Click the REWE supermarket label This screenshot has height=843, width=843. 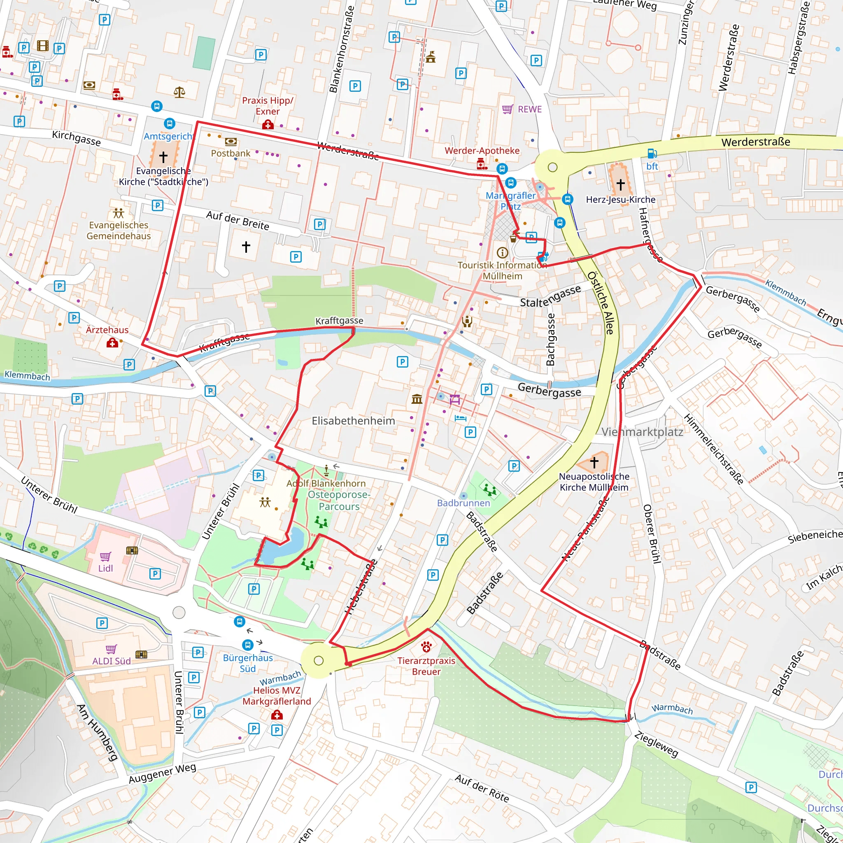[529, 109]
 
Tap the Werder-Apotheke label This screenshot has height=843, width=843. [482, 151]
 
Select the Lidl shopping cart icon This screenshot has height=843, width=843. [105, 557]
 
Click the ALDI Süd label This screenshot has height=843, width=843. [111, 661]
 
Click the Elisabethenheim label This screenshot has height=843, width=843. [353, 421]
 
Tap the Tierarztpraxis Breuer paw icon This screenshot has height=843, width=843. [426, 647]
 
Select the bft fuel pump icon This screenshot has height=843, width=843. [652, 154]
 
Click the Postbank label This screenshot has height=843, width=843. [231, 153]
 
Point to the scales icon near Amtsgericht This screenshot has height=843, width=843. [179, 92]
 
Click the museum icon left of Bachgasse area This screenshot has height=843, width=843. [417, 399]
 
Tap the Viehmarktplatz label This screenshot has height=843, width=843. [642, 432]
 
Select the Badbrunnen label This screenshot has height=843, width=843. [463, 503]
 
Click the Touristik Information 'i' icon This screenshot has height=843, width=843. [502, 253]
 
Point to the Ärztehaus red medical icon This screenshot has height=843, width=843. [112, 343]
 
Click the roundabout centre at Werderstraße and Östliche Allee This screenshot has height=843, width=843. [552, 167]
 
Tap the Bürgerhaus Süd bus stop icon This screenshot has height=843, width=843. [247, 645]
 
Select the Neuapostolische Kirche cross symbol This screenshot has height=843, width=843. [594, 462]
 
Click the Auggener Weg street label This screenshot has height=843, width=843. [162, 773]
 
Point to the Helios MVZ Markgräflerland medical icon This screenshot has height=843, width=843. [277, 715]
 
